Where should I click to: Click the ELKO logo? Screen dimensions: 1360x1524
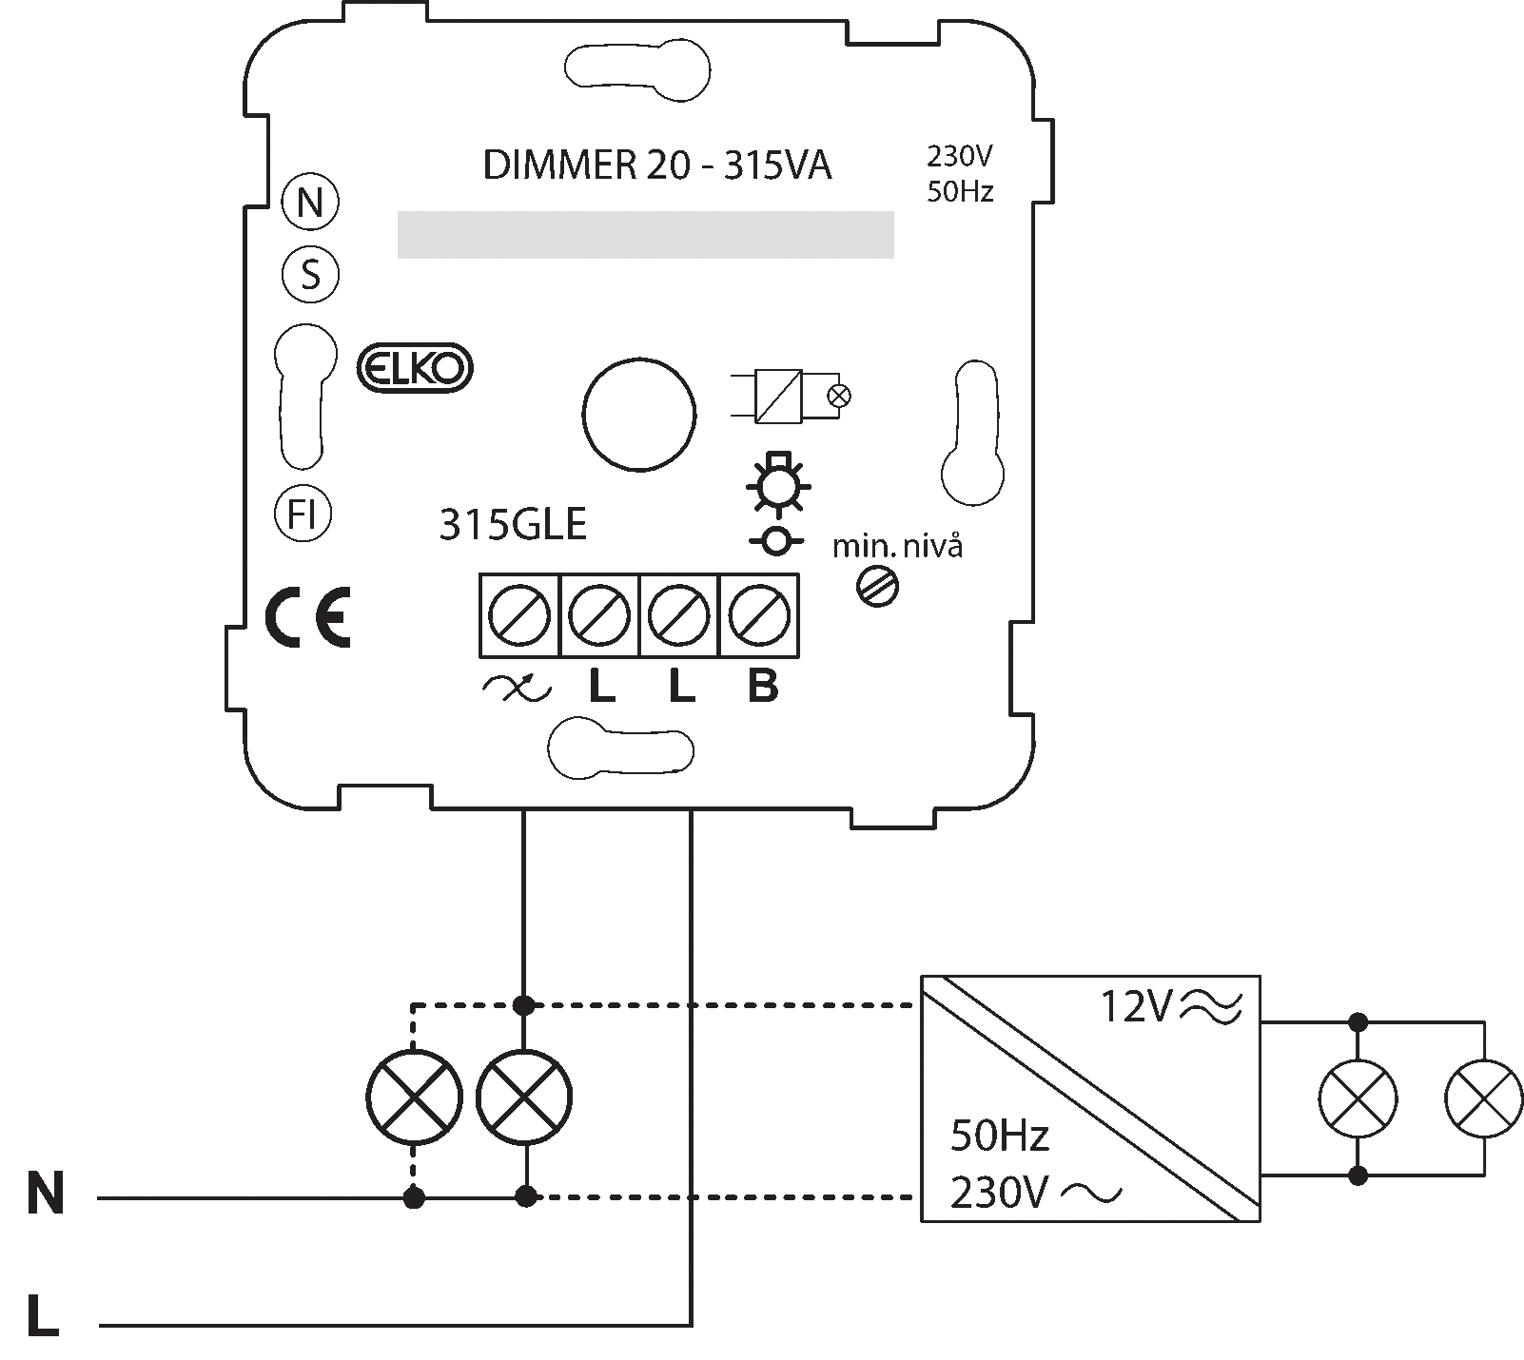click(414, 368)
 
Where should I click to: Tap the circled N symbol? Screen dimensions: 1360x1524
click(310, 204)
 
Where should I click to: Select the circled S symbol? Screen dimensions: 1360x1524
click(310, 276)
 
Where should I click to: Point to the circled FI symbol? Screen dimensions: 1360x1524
click(303, 515)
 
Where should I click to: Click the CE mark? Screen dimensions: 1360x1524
click(306, 618)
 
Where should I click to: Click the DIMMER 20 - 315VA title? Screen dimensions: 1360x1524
click(657, 166)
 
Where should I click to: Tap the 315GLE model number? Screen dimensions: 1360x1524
click(512, 525)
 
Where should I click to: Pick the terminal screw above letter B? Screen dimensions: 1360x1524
click(758, 615)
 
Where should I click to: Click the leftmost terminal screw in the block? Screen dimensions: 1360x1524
click(519, 615)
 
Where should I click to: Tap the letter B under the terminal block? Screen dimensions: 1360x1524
click(762, 686)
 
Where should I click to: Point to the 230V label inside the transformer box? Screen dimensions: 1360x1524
click(999, 1193)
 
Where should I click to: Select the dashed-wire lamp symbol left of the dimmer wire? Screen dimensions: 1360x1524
click(414, 1097)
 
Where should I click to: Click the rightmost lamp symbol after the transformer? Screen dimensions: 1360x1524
click(1483, 1098)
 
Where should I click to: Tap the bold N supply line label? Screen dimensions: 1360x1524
click(46, 1195)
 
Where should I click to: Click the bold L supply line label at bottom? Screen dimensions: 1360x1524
click(44, 1316)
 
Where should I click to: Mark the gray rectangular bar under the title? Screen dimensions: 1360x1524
click(645, 234)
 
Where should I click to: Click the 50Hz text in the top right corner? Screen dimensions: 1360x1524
click(959, 192)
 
